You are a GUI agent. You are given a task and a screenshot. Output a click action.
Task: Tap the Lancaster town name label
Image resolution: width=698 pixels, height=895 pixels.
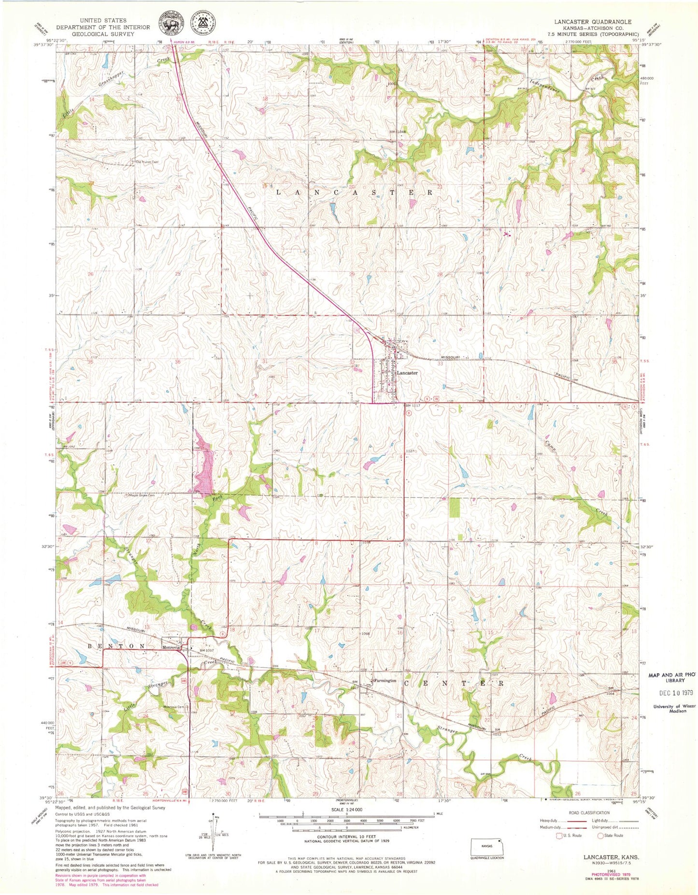click(407, 373)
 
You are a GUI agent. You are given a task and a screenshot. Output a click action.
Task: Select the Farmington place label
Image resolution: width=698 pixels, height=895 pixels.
click(385, 681)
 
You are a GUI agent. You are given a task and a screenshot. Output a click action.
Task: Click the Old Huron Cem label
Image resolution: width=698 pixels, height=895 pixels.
click(147, 162)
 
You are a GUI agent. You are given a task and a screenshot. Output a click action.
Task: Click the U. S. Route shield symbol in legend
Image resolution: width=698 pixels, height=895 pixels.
click(560, 835)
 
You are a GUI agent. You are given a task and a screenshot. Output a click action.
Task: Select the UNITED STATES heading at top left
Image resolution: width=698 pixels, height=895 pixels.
click(103, 20)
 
